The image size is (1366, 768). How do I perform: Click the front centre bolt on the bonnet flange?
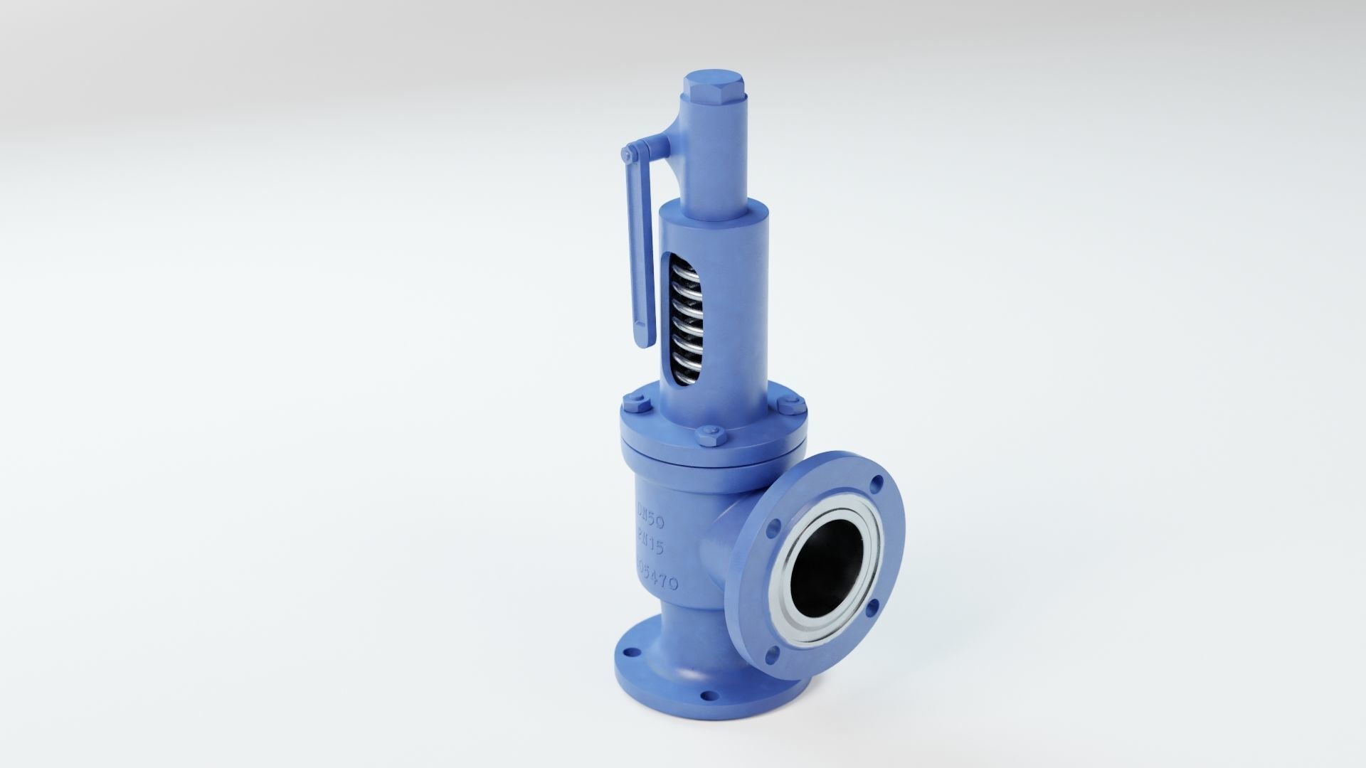[x=711, y=435]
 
